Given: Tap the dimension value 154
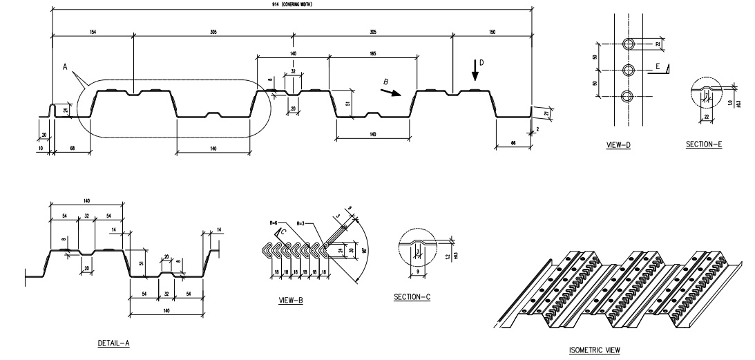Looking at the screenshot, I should [x=92, y=32].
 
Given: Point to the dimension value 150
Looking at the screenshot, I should [x=491, y=32].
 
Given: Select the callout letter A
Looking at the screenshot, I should [x=65, y=68].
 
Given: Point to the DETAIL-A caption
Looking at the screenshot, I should [x=110, y=342].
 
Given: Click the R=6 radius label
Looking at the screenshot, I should [x=274, y=224].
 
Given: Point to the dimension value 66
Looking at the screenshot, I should [x=513, y=142].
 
